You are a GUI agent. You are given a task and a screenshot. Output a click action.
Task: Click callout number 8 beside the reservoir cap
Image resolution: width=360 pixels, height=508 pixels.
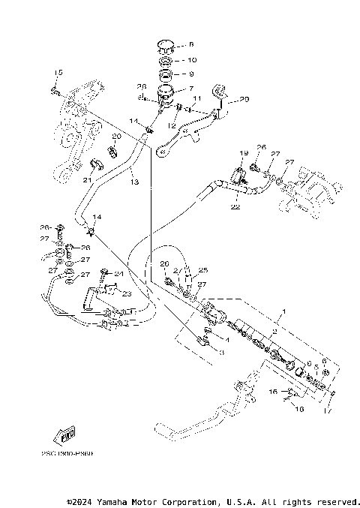point(191,45)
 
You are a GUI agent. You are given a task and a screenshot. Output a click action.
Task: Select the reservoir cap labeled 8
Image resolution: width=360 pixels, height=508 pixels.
point(164,47)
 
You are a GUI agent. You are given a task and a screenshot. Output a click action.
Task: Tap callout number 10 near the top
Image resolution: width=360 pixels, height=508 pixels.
point(191,60)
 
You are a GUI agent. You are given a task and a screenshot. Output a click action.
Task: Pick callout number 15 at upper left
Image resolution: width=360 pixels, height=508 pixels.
point(56,71)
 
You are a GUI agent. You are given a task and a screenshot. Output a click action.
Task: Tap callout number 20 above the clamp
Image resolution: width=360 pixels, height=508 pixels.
point(116,137)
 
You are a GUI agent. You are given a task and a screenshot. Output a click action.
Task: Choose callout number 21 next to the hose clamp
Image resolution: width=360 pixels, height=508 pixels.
point(87,180)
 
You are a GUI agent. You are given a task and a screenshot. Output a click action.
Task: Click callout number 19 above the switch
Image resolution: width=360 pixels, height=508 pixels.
point(243,153)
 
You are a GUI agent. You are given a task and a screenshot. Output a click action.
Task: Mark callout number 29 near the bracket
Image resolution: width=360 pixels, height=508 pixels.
point(244,99)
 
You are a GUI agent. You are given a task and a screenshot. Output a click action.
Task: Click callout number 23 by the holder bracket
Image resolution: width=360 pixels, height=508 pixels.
point(126,294)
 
